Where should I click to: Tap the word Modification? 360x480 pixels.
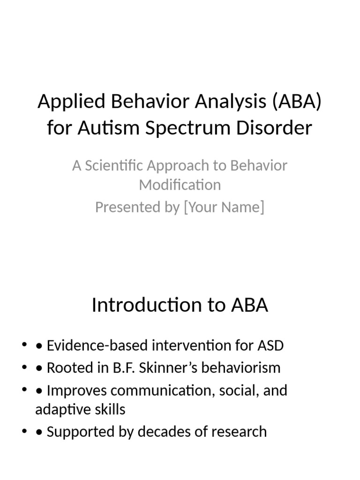(180, 185)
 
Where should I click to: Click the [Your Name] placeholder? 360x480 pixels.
(224, 207)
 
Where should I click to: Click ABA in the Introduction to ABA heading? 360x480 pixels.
(249, 305)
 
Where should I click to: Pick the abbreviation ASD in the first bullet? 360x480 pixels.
(270, 346)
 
